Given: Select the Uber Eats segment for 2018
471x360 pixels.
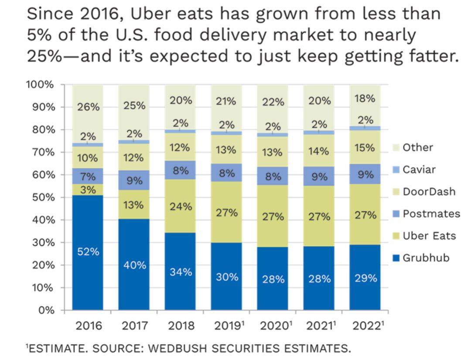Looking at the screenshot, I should (180, 206).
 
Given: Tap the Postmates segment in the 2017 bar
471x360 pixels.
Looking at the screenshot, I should (134, 180).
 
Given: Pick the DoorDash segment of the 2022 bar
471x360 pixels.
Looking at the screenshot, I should (365, 147).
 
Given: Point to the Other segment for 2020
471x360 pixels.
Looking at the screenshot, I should (273, 103).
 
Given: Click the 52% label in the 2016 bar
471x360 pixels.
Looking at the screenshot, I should (88, 252).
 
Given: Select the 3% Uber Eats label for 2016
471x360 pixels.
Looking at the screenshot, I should (88, 190).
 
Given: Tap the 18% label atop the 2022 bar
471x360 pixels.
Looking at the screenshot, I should (365, 99).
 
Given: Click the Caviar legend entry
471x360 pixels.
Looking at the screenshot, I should (419, 169).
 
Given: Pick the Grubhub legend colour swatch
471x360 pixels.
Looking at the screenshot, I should (396, 258).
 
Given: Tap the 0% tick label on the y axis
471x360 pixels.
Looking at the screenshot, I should (47, 310).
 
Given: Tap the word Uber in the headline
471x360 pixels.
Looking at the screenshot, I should (150, 14).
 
